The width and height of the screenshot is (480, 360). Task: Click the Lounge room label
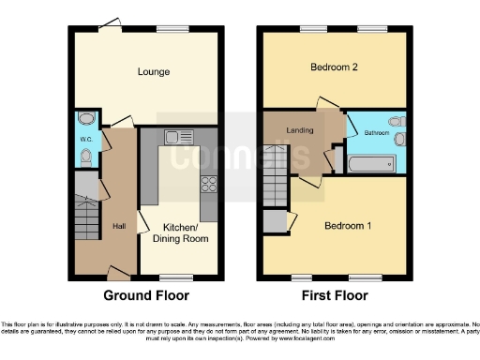pyautogui.click(x=153, y=71)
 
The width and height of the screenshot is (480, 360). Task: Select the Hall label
pyautogui.click(x=120, y=226)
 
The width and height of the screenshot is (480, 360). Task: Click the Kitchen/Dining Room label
pyautogui.click(x=180, y=233)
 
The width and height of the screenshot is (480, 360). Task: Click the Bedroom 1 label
pyautogui.click(x=348, y=227)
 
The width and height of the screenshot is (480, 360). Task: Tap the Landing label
pyautogui.click(x=299, y=130)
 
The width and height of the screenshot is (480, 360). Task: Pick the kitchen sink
pyautogui.click(x=175, y=137)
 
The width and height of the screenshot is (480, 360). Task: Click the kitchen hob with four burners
pyautogui.click(x=208, y=184)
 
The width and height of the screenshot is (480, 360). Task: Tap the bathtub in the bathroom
pyautogui.click(x=372, y=166)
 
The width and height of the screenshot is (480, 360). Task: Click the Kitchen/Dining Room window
pyautogui.click(x=172, y=277)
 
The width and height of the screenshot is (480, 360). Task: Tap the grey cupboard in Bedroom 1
pyautogui.click(x=275, y=222)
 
